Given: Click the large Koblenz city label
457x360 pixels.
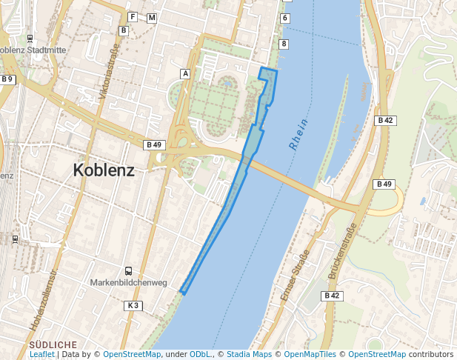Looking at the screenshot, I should (x=104, y=170).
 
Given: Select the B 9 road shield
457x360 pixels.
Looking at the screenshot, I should (x=7, y=79).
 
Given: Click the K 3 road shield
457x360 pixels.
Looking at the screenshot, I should (x=133, y=305).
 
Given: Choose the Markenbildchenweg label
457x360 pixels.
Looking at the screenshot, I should (x=129, y=282).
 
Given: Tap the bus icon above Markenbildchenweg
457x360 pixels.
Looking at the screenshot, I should (x=129, y=271).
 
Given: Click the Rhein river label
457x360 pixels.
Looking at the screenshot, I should (x=298, y=136).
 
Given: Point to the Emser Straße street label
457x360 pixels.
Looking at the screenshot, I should (x=294, y=276).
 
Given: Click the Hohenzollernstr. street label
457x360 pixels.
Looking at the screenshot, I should (x=44, y=299).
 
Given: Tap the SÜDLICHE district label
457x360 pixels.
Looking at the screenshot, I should (x=53, y=345).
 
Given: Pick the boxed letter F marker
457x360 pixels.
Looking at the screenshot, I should (x=133, y=17).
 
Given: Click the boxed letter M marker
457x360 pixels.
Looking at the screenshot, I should (x=152, y=17).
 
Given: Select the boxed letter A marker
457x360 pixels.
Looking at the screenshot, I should (x=185, y=73).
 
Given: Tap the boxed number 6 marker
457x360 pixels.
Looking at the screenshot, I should (x=284, y=17).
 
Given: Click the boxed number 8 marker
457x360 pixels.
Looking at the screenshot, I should (x=284, y=44).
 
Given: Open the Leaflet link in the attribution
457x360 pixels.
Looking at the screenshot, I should (x=41, y=355).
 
